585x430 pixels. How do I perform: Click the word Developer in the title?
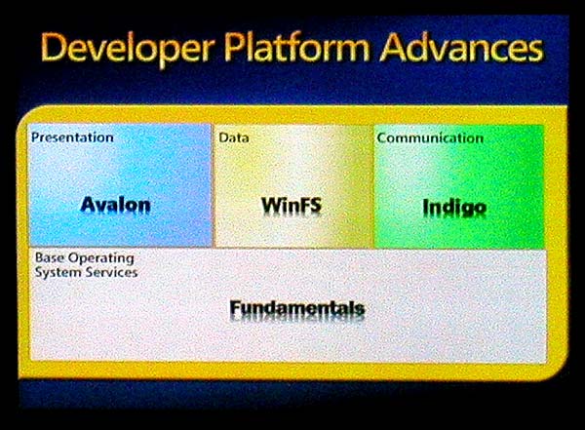(128, 49)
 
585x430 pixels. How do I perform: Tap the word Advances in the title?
(461, 47)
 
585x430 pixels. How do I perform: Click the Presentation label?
(72, 137)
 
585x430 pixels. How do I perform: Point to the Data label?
(234, 137)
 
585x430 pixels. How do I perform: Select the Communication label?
(430, 138)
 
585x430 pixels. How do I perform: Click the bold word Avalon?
(116, 205)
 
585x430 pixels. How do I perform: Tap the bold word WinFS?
(292, 206)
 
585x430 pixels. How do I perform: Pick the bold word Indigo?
(454, 208)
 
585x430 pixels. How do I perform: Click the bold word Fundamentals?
(297, 308)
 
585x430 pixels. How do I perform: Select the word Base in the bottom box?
(50, 257)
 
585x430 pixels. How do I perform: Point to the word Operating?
(101, 258)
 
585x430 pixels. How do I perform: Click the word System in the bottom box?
(53, 272)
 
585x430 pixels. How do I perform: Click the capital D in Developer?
(53, 47)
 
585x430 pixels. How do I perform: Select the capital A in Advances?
(393, 47)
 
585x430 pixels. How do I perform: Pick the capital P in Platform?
(234, 47)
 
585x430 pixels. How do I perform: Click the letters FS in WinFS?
(310, 206)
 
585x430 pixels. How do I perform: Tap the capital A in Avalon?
(88, 204)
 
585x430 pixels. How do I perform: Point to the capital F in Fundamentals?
(235, 307)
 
